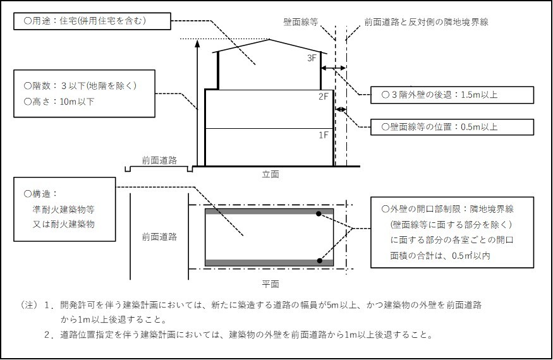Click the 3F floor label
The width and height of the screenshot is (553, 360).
(311, 58)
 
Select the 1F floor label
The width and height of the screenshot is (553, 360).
(323, 135)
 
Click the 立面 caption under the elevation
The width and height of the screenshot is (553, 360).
(270, 174)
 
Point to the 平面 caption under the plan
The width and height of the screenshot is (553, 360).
(270, 283)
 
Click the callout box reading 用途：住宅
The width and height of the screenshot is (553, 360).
(91, 21)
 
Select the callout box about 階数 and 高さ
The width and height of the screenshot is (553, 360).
(88, 93)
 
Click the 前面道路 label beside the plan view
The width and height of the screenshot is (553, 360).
(159, 237)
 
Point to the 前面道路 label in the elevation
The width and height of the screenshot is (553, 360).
(159, 160)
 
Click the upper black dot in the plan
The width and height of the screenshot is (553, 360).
(320, 214)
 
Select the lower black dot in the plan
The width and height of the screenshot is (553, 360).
(320, 260)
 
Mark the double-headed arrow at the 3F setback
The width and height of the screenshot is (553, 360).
(333, 68)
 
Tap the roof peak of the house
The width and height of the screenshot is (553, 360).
(270, 40)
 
